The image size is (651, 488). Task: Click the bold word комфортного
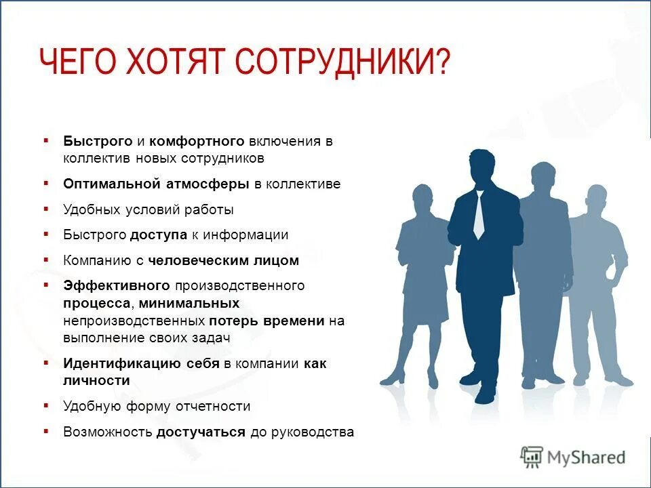[197, 141]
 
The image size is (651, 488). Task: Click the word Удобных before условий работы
[93, 209]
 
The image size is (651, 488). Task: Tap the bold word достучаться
[201, 432]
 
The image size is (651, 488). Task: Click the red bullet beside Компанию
[46, 260]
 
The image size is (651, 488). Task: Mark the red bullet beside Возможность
[46, 431]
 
